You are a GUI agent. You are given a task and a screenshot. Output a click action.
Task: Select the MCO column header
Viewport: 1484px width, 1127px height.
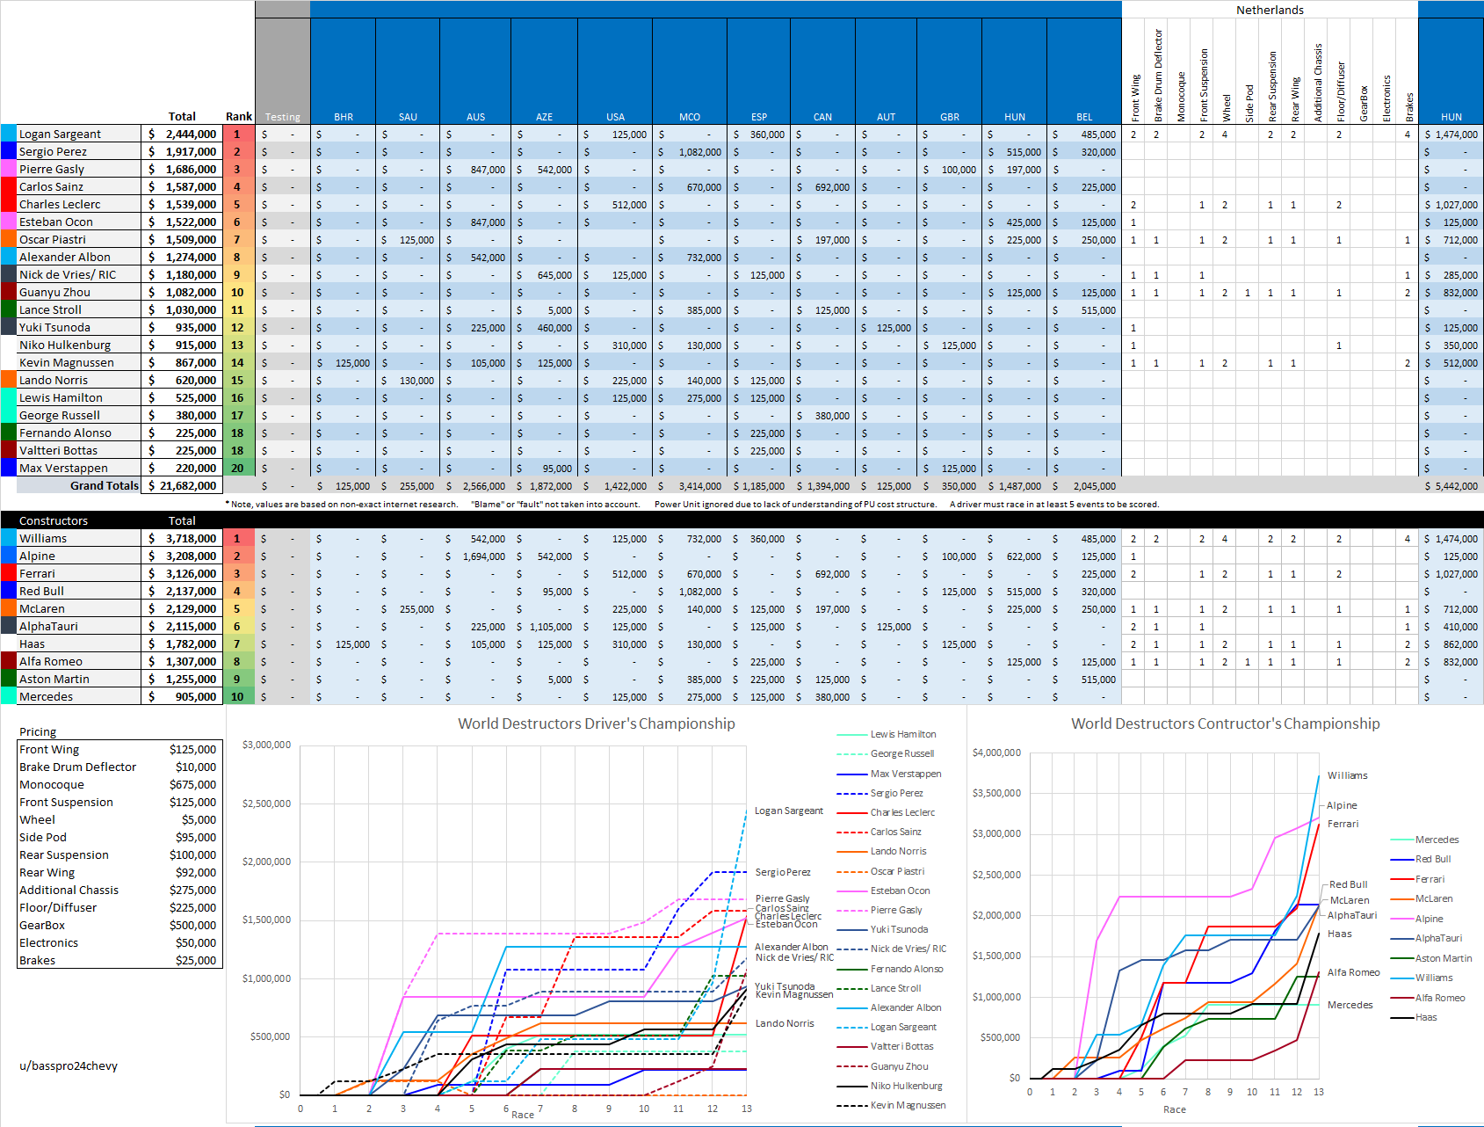690,117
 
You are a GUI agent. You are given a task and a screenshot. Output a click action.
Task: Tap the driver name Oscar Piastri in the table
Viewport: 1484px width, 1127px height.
53,240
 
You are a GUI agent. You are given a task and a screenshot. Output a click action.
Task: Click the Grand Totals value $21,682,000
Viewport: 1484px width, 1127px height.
183,486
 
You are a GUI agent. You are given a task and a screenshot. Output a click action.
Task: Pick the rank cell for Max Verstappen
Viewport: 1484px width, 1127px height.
237,469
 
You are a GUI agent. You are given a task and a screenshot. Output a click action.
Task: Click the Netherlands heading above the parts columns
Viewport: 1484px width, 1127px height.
1270,11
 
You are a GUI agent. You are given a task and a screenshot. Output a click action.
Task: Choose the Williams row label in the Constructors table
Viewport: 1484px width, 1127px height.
43,539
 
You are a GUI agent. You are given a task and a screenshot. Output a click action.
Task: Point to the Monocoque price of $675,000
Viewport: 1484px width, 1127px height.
192,785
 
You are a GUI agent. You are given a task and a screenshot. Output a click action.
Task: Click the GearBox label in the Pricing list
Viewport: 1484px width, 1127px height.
42,926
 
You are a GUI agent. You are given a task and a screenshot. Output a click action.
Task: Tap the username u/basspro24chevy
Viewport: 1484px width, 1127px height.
69,1066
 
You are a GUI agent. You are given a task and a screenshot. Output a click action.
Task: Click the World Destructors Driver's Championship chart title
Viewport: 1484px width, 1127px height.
596,723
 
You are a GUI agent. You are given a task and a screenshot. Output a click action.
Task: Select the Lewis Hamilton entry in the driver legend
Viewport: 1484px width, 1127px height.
902,734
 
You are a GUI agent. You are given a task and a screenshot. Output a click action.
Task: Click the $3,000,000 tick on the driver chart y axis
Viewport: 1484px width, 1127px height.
266,745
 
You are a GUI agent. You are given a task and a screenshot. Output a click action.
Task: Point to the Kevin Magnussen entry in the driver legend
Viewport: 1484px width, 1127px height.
908,1106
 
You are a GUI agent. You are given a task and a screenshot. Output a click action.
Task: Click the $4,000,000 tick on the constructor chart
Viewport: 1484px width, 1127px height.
996,753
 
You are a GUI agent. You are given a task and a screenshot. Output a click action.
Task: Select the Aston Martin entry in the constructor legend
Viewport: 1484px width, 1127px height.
1443,958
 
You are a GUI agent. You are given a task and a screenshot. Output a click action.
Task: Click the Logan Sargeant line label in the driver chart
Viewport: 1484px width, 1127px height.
789,811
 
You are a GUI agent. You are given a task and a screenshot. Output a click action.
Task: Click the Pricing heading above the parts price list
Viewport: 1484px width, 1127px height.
38,732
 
